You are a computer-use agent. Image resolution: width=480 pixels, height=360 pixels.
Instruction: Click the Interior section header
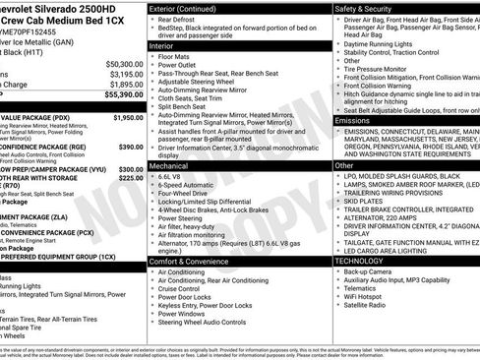(x=163, y=45)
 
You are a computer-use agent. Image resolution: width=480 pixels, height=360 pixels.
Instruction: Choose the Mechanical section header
(x=169, y=167)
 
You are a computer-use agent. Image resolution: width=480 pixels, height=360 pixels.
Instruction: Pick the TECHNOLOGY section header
(x=363, y=261)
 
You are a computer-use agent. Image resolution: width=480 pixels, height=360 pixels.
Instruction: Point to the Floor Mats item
(x=178, y=57)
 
